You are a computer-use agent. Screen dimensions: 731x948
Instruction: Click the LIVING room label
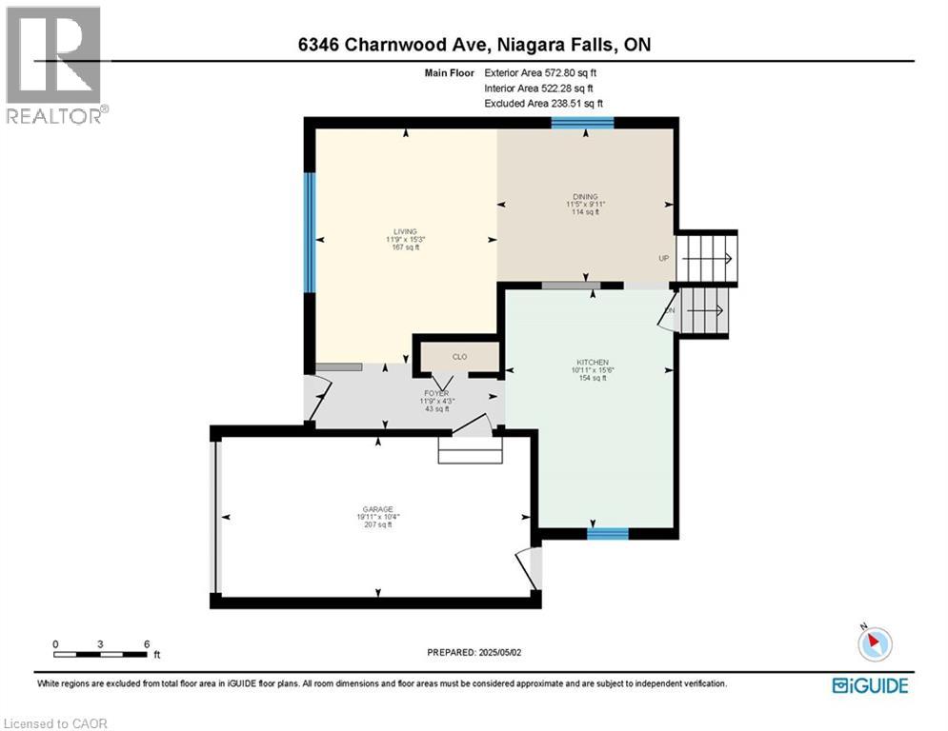pos(405,231)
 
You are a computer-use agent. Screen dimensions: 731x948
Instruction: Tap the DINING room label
pos(585,197)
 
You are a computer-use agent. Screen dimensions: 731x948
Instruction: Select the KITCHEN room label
pos(592,363)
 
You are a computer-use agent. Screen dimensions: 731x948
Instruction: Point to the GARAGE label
pos(377,509)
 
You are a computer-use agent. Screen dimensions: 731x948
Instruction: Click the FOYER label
pos(437,393)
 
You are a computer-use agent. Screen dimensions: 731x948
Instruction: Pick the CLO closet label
pos(459,357)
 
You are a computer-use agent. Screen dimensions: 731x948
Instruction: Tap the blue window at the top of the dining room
pos(582,122)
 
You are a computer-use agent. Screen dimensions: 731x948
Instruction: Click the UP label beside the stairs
pos(663,258)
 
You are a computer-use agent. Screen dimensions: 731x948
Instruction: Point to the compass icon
pos(874,643)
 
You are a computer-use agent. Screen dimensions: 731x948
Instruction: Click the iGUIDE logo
pos(870,685)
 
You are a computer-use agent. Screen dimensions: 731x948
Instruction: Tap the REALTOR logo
pos(54,65)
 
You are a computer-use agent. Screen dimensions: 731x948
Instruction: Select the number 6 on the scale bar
pos(146,643)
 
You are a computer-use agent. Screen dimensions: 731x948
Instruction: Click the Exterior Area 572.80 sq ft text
pos(542,72)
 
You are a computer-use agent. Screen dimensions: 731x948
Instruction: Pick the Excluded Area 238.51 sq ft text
pos(543,103)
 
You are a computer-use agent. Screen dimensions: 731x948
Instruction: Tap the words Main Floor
pos(449,72)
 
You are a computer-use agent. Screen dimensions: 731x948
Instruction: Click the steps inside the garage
pos(469,449)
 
